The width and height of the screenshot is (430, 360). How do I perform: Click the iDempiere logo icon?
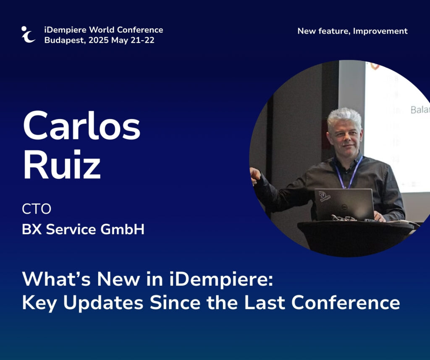click(x=28, y=34)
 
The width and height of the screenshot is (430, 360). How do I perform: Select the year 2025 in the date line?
click(x=99, y=40)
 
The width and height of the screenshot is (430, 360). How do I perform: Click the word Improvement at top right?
click(x=380, y=31)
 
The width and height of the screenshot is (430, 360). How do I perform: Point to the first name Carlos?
click(x=82, y=125)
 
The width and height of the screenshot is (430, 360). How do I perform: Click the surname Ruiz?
click(x=62, y=164)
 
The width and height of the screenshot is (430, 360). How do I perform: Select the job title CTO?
click(x=37, y=209)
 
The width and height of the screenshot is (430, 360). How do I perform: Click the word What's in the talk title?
click(x=57, y=279)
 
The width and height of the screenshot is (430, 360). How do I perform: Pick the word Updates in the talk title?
click(x=103, y=303)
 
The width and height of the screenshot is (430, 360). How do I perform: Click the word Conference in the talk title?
click(x=346, y=303)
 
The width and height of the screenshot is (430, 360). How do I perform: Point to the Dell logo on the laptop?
click(x=344, y=207)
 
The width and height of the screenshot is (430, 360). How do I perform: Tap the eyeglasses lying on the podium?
click(x=344, y=218)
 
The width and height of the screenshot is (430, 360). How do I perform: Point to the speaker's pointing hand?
click(x=255, y=176)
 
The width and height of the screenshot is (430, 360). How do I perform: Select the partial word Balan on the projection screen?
click(x=420, y=110)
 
